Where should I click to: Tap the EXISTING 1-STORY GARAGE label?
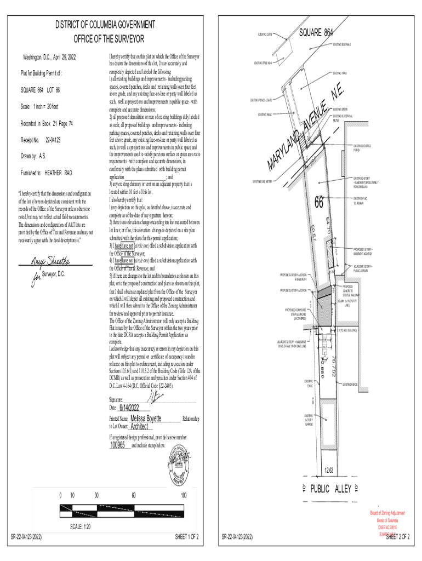coord(311,420)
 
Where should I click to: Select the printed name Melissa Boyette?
coord(142,418)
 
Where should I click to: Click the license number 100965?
coord(118,445)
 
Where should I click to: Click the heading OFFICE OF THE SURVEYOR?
coord(109,39)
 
